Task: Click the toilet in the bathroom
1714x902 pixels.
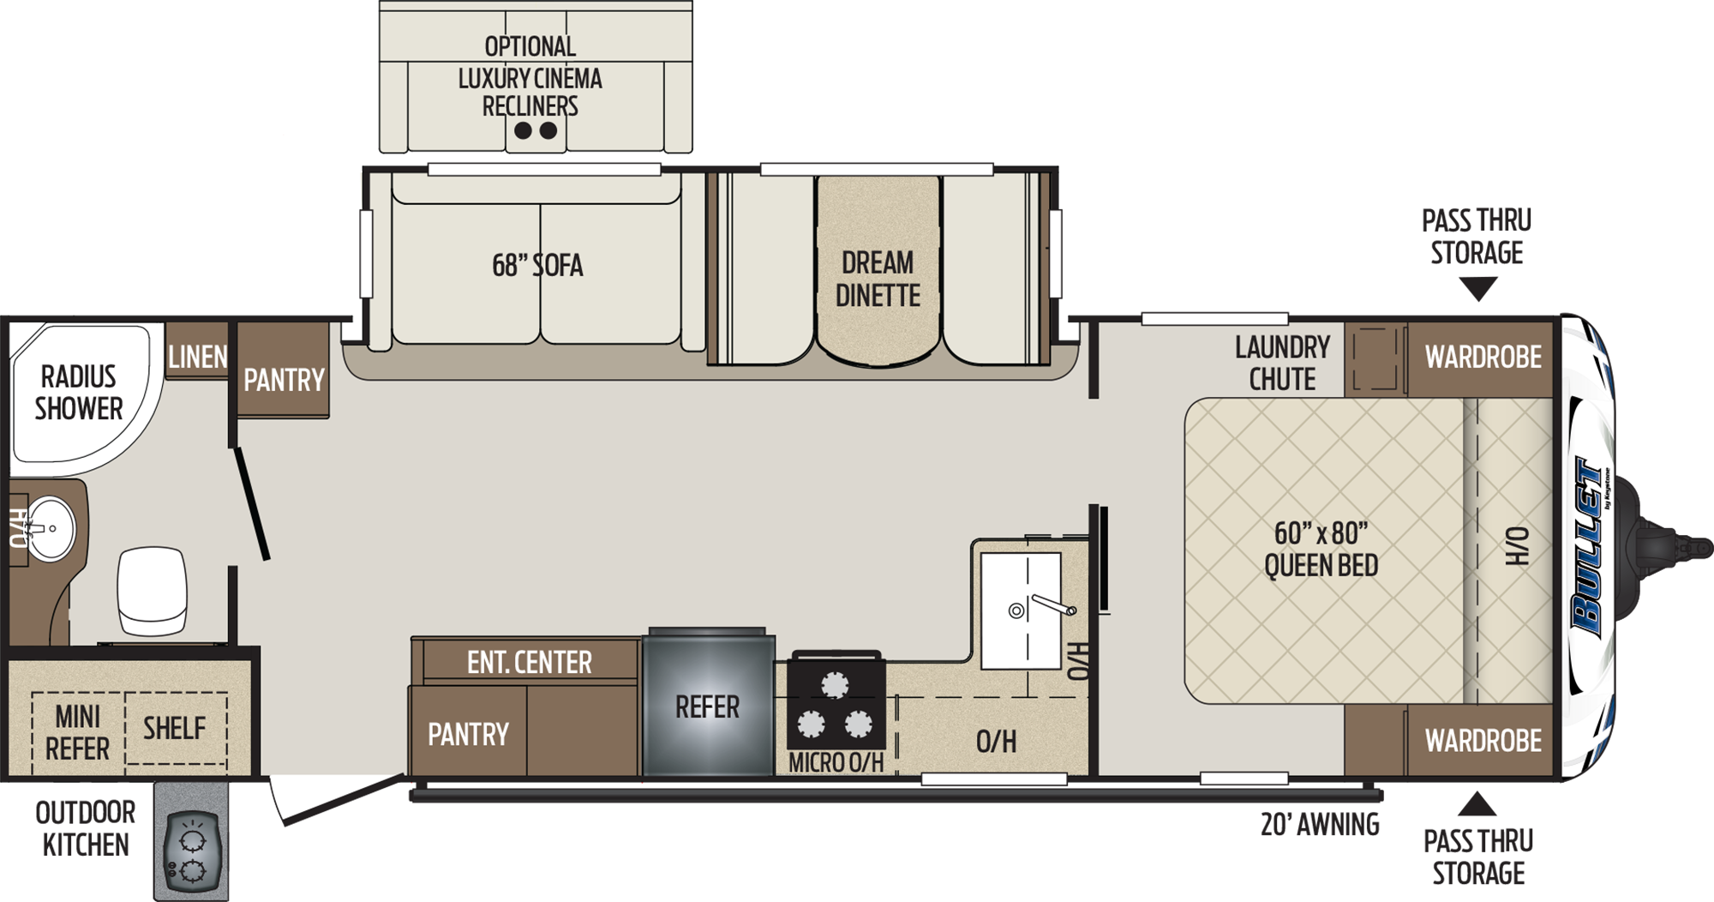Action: pos(152,592)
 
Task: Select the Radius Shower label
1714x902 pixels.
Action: pos(79,393)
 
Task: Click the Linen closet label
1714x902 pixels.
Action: pos(198,357)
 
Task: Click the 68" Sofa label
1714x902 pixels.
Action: pos(537,265)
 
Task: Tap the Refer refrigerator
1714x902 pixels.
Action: pos(708,705)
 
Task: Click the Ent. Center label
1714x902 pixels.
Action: pos(529,662)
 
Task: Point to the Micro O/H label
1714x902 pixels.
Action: pos(836,762)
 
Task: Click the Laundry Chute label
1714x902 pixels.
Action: pos(1282,363)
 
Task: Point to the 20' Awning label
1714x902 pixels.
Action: pos(1320,824)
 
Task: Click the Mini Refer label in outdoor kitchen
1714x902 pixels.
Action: pos(77,732)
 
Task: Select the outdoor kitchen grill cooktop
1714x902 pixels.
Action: pos(191,854)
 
